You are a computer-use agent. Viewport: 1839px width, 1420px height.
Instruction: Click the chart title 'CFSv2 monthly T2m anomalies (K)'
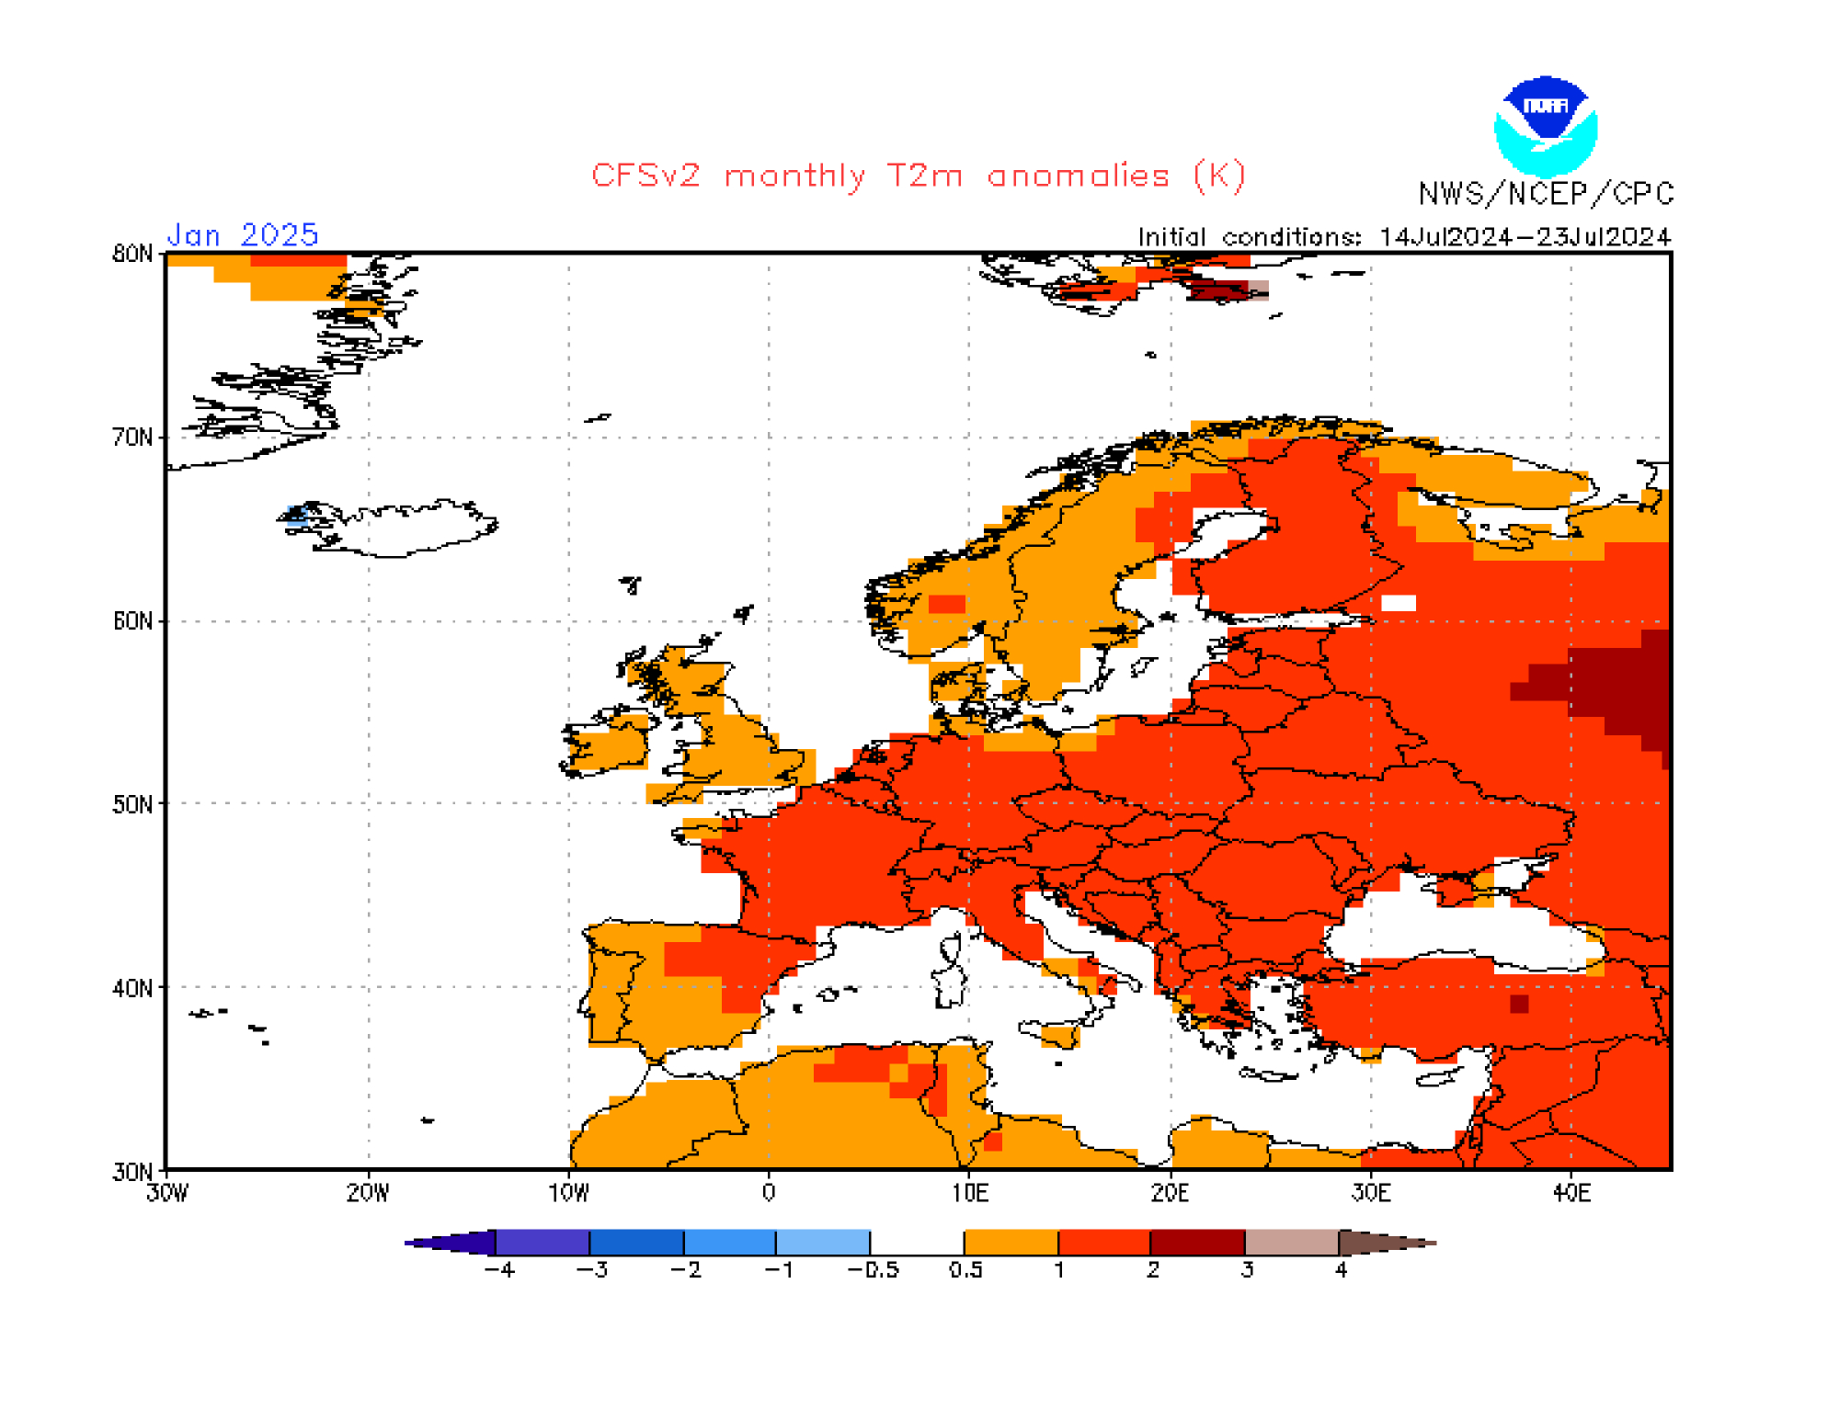click(918, 176)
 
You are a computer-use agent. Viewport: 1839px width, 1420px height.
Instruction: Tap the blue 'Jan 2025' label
click(243, 235)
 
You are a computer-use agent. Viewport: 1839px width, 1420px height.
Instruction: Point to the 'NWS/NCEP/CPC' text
click(1546, 194)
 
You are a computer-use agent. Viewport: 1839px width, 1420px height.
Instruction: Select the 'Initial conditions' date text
click(1403, 237)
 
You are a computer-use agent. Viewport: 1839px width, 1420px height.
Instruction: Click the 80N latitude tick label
click(132, 254)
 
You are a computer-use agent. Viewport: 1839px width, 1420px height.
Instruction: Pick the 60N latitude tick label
click(132, 621)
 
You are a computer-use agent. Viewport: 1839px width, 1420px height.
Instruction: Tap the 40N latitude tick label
click(132, 988)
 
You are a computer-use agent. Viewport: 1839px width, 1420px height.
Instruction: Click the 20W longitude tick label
click(368, 1193)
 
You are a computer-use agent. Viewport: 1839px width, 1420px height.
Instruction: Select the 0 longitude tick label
click(769, 1193)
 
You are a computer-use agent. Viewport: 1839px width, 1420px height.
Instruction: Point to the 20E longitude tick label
click(1170, 1193)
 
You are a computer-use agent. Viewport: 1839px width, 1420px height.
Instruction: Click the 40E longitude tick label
click(1571, 1193)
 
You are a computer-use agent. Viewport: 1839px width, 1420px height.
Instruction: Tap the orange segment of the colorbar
click(1011, 1243)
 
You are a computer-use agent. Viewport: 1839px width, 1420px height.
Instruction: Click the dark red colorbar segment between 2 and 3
click(1197, 1243)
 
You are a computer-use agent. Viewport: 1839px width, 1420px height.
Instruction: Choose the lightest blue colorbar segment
click(823, 1243)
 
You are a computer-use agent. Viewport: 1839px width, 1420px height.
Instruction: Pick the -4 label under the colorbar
click(499, 1270)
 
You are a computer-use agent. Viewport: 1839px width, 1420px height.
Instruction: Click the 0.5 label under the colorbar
click(965, 1270)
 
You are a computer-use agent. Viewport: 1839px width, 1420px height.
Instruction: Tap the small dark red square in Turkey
click(1519, 1004)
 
